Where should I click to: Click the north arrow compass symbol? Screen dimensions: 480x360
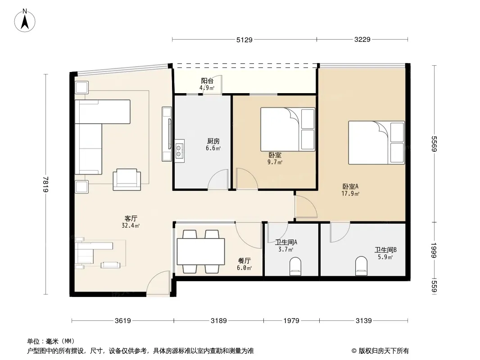(x=25, y=21)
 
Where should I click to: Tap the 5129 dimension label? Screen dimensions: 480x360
(x=245, y=40)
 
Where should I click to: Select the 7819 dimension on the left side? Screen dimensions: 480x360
(x=45, y=184)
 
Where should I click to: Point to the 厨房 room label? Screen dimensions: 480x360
(x=213, y=141)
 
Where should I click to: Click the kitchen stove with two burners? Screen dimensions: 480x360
(x=179, y=151)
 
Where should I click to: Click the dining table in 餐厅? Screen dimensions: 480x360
(x=201, y=252)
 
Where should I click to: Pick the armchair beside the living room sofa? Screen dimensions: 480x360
(x=127, y=180)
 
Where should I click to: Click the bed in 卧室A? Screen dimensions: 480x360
(x=376, y=143)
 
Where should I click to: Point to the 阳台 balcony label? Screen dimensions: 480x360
(x=207, y=81)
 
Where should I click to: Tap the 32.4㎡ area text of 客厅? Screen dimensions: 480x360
(x=131, y=226)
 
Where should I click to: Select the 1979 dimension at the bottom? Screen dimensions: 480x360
(x=291, y=320)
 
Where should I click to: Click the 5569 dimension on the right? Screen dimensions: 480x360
(x=434, y=144)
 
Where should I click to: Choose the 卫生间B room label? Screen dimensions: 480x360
(x=385, y=250)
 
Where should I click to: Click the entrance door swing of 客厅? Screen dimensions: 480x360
(x=158, y=283)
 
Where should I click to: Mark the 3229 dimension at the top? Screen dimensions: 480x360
(x=362, y=40)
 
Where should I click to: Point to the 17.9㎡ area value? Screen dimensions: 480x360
(x=350, y=193)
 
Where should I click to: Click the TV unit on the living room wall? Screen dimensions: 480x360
(x=167, y=134)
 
